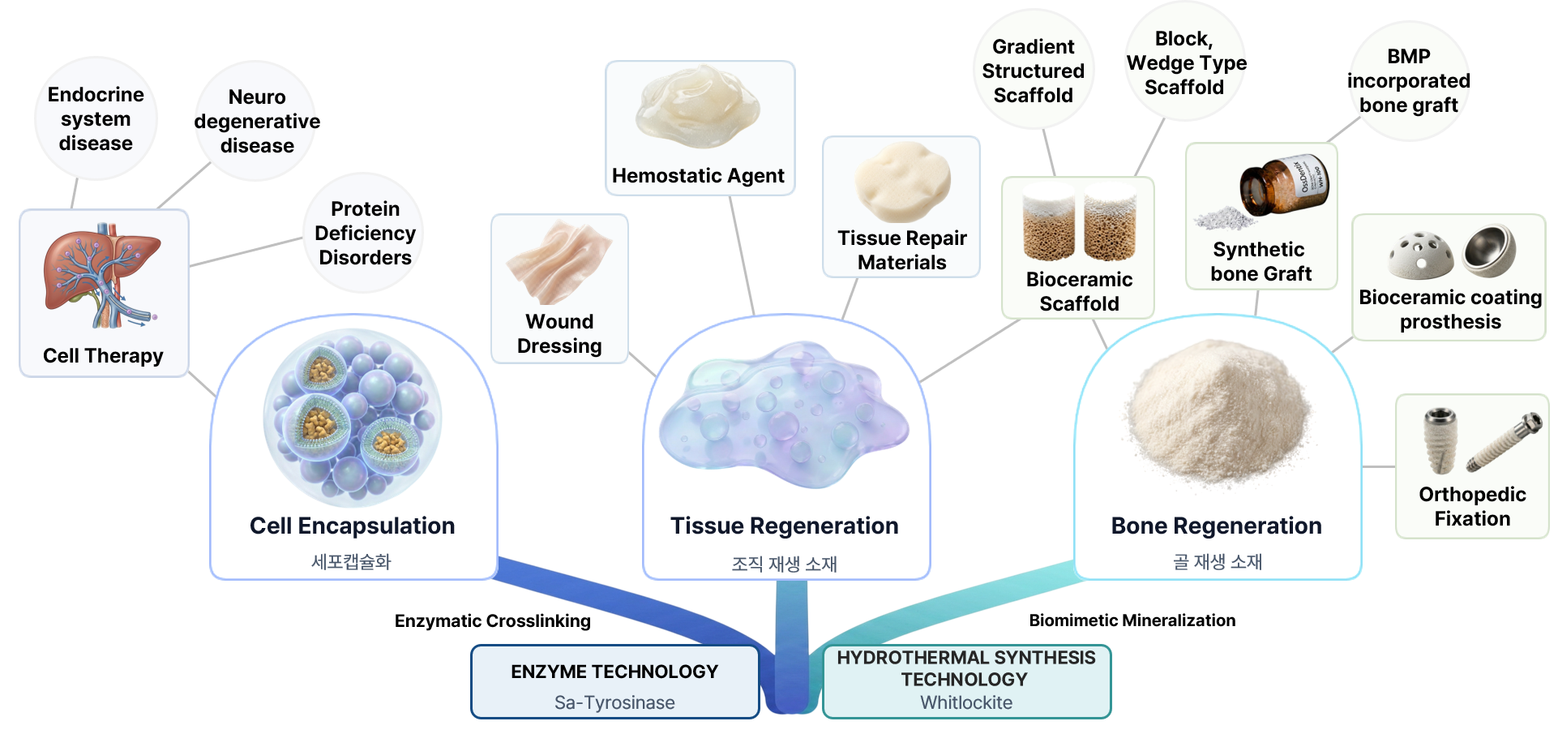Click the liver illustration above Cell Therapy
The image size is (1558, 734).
[102, 276]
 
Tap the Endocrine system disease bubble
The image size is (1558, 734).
[96, 118]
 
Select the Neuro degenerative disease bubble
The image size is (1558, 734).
[256, 121]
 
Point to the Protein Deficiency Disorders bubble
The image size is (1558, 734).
[365, 233]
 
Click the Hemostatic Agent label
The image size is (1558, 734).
[698, 176]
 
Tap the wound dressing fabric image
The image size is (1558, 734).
[559, 261]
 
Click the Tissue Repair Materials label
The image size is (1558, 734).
[902, 250]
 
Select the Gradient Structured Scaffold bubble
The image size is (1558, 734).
[1034, 71]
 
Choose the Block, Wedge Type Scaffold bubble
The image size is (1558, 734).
[1185, 62]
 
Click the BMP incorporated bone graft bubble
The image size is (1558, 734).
[1409, 81]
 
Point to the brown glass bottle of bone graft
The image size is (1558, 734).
[1285, 187]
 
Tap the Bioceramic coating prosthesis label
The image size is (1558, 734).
[1450, 309]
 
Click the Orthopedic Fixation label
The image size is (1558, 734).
[1472, 506]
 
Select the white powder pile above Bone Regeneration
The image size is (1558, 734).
[1217, 415]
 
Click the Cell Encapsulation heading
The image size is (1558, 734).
[353, 526]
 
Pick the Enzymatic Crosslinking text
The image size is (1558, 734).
[493, 621]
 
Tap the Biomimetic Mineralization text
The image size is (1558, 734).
[1132, 620]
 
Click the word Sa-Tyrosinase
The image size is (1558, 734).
[614, 702]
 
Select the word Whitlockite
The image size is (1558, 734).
[966, 702]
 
